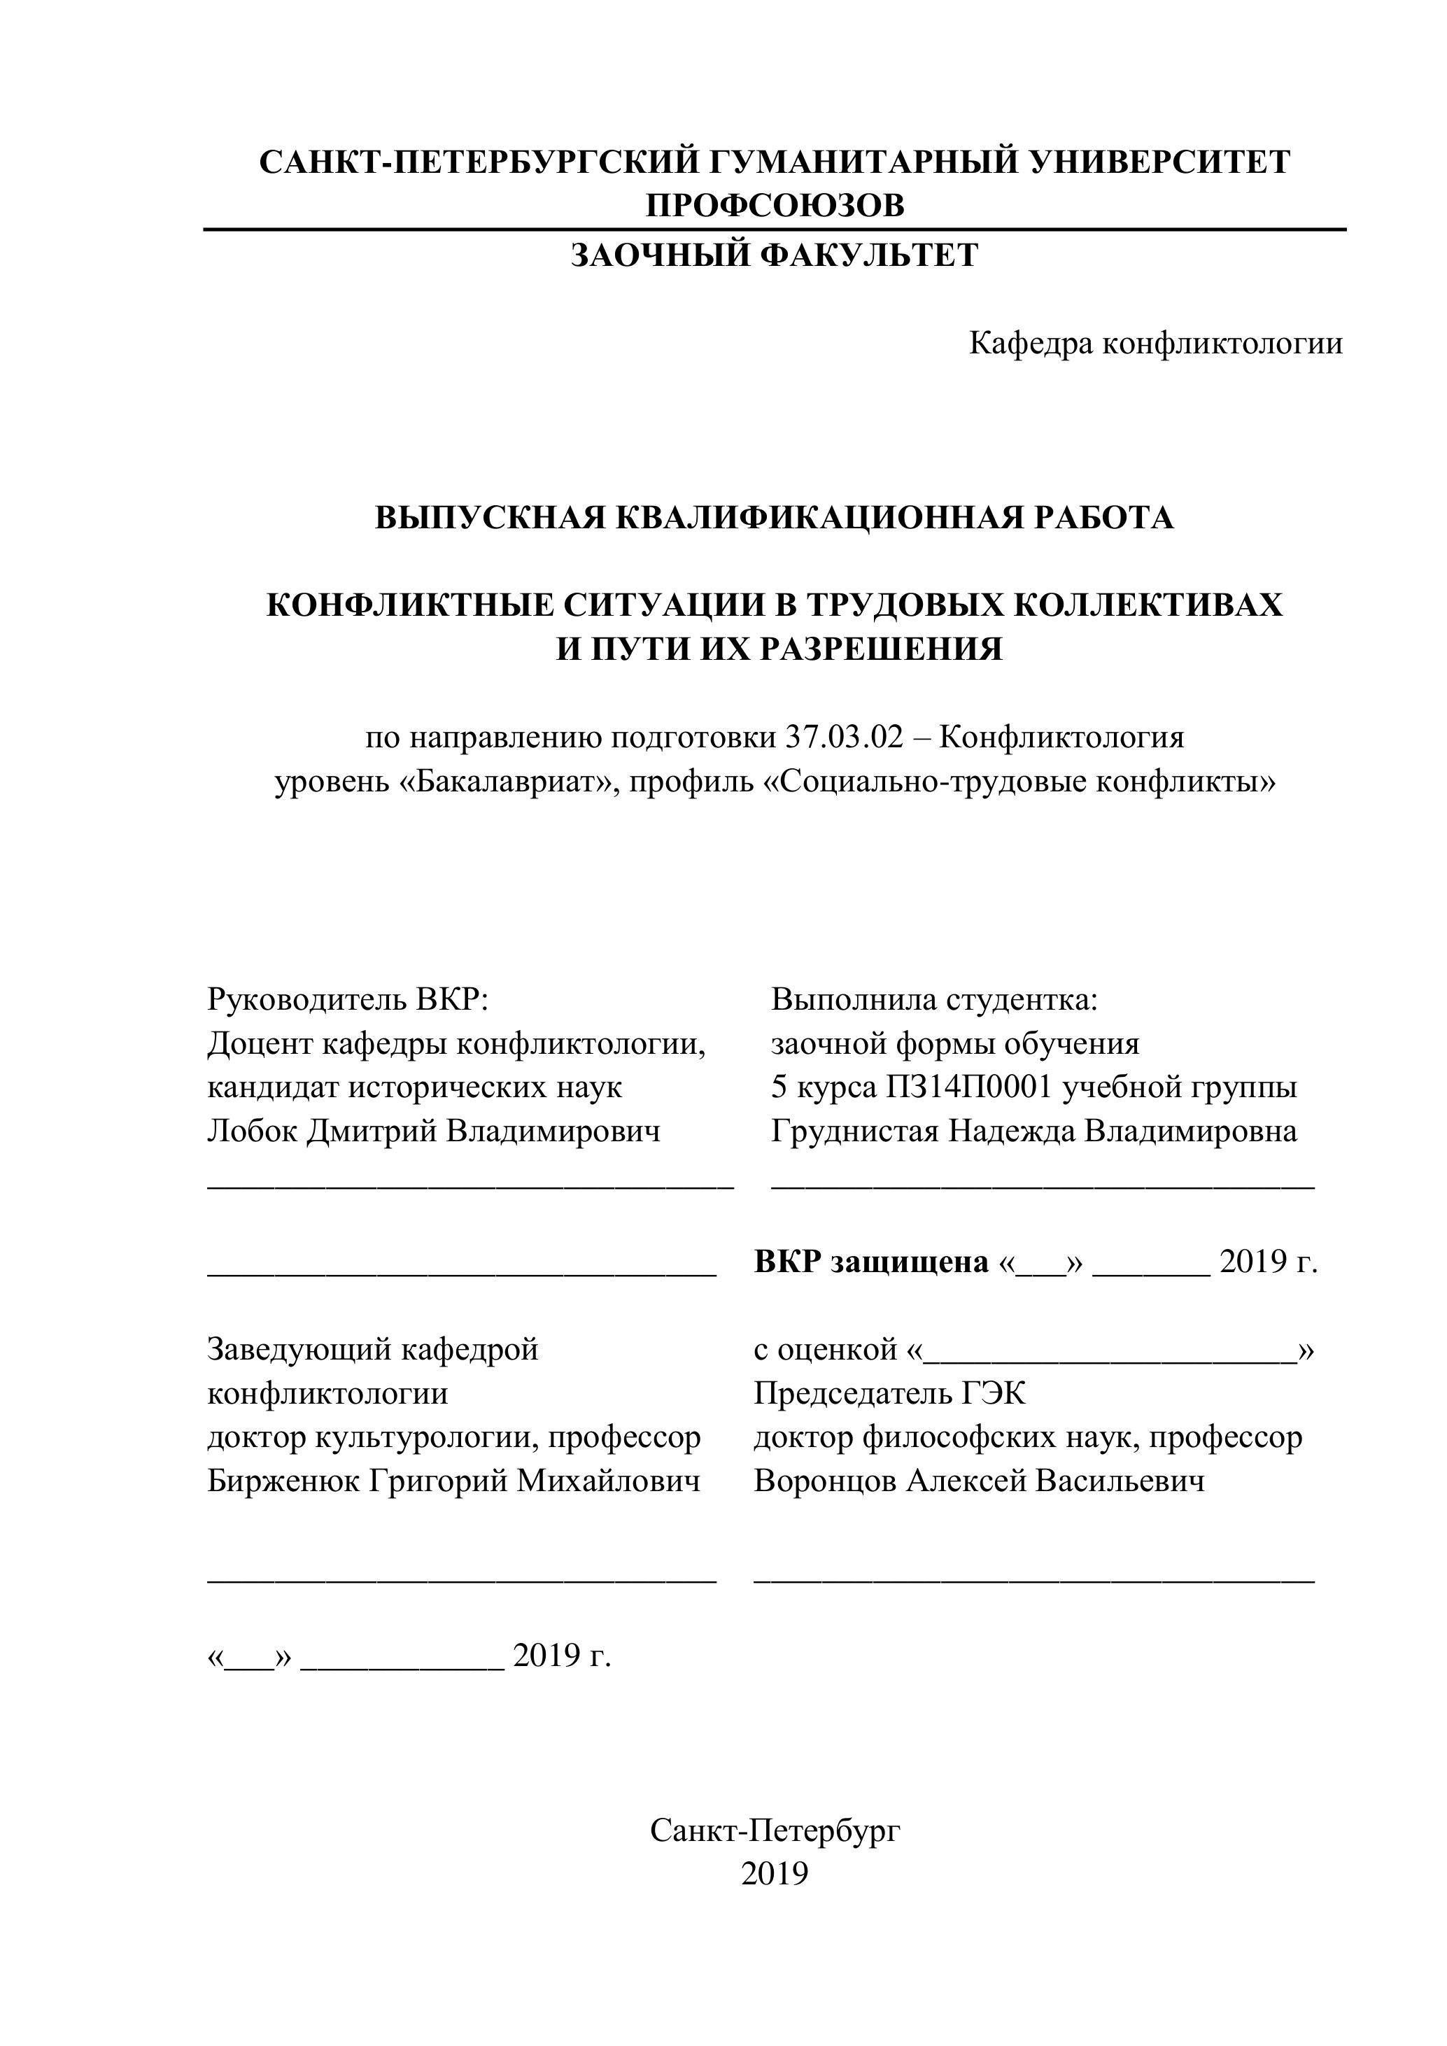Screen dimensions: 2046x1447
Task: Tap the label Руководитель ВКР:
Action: (348, 1000)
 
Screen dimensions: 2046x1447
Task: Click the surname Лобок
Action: (252, 1131)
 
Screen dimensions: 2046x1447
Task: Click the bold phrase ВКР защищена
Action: (870, 1262)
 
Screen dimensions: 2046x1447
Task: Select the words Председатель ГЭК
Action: (889, 1393)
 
